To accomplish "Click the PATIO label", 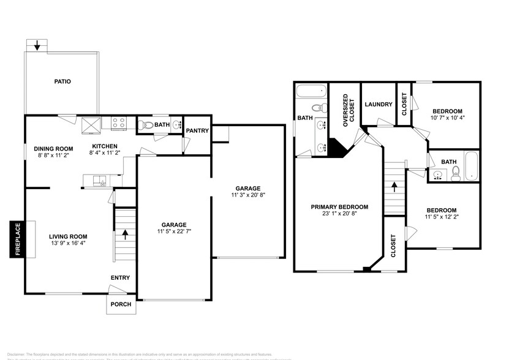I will point(62,81).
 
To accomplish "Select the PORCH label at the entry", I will point(121,304).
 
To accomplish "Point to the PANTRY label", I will point(197,130).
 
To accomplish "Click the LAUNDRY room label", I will point(378,104).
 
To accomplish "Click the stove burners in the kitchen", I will point(118,124).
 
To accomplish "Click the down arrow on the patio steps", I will point(38,45).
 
